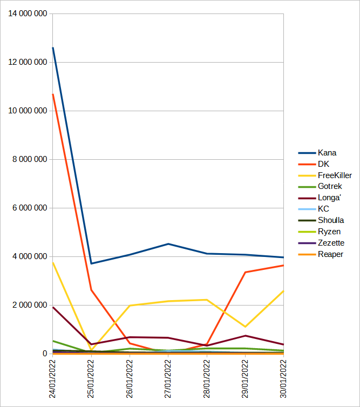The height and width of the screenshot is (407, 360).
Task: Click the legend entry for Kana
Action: coord(327,153)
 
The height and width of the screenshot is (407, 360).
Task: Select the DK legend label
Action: coord(323,164)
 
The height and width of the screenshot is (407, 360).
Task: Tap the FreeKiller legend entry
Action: coord(335,175)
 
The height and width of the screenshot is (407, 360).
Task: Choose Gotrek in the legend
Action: coord(329,187)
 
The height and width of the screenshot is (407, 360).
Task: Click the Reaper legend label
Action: coord(330,254)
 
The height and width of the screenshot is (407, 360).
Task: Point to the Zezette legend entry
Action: coord(331,243)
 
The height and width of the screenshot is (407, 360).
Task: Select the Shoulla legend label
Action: coord(331,220)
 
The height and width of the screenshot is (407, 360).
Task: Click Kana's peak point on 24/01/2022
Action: coord(53,48)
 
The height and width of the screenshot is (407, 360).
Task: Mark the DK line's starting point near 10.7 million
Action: coord(53,94)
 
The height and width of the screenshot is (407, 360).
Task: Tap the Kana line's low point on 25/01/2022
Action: coord(91,263)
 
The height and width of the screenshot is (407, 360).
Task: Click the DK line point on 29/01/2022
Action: coord(245,272)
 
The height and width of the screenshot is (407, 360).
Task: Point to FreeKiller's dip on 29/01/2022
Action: coord(245,327)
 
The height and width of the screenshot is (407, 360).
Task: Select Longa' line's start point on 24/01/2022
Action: coord(53,307)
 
